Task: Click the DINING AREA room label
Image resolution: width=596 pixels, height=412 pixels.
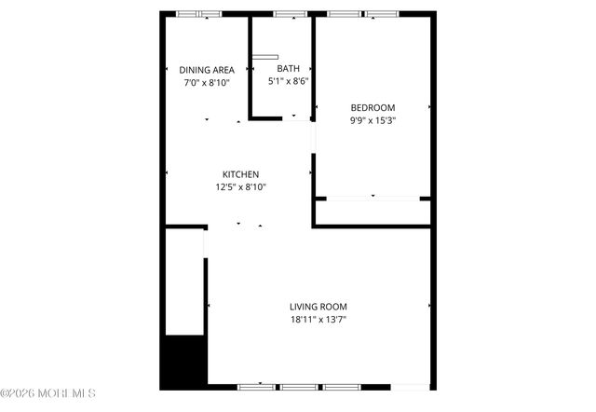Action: (x=207, y=70)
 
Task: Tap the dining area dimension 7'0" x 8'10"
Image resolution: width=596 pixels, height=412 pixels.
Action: (x=206, y=83)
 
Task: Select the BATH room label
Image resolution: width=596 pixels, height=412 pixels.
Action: (x=288, y=68)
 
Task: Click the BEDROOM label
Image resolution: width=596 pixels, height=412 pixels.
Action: (x=372, y=106)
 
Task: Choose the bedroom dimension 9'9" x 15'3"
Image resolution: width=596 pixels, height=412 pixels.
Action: (x=372, y=119)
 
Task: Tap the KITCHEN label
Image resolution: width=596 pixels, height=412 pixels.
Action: (x=240, y=174)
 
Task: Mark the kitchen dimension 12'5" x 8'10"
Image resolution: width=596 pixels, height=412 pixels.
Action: (x=240, y=186)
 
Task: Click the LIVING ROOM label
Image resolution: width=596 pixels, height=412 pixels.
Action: (x=318, y=307)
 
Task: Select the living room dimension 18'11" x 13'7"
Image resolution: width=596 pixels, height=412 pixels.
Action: (x=318, y=320)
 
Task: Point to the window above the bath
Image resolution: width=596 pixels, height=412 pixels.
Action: (x=290, y=13)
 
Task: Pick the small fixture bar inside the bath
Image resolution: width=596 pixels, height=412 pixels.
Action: (x=265, y=58)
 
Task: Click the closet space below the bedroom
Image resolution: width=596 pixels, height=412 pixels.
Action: (x=372, y=212)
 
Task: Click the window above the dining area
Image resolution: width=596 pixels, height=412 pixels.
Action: (x=199, y=13)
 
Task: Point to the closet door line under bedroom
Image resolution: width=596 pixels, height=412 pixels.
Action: (x=372, y=198)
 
